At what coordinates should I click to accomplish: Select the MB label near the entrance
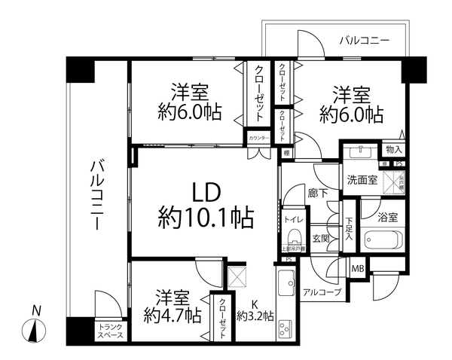[359, 267]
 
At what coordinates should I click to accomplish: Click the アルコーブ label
[322, 291]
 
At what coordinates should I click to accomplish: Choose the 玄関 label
[319, 239]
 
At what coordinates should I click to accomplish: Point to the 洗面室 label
[361, 180]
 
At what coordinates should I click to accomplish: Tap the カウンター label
[257, 138]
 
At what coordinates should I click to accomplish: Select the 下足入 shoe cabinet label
[349, 227]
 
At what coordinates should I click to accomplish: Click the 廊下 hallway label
[316, 192]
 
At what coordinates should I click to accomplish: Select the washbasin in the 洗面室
[357, 150]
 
